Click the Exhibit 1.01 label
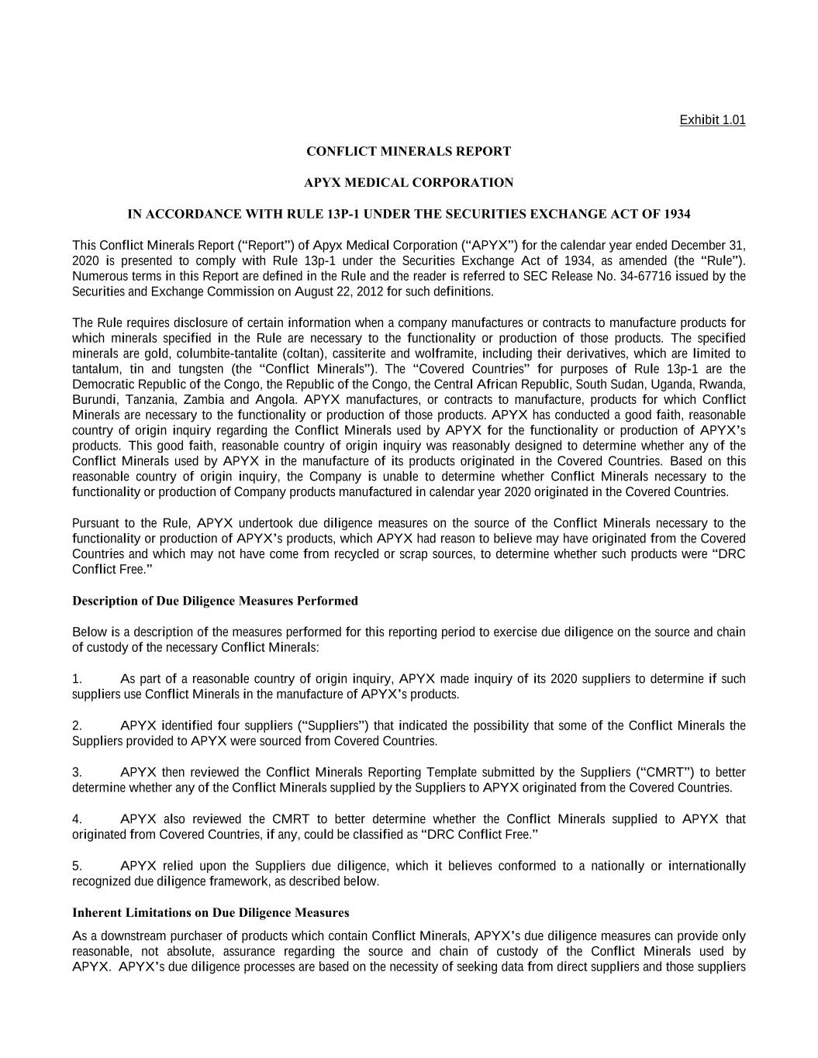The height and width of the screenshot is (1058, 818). [x=712, y=119]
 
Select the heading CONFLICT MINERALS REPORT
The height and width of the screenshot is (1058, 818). [x=409, y=151]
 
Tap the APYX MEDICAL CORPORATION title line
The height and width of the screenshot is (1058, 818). [x=409, y=183]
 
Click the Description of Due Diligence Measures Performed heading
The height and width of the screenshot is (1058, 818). [x=215, y=601]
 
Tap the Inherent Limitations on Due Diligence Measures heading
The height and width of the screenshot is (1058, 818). [x=210, y=912]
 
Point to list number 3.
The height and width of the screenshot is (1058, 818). [x=77, y=772]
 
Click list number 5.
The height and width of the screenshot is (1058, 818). [x=77, y=866]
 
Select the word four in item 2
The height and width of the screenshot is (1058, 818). [x=229, y=725]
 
